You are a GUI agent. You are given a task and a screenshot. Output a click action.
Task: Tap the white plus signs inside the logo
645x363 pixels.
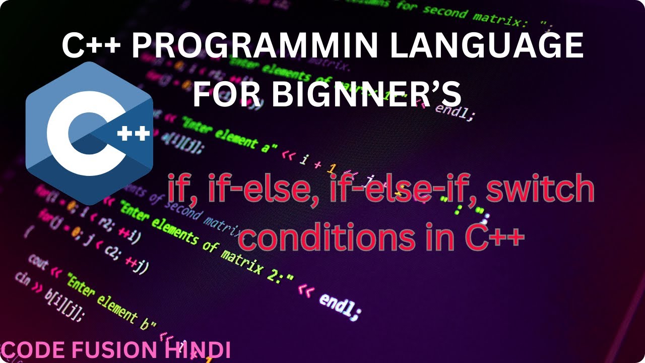(x=133, y=134)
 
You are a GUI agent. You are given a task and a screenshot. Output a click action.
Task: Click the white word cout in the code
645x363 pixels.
(x=38, y=261)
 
